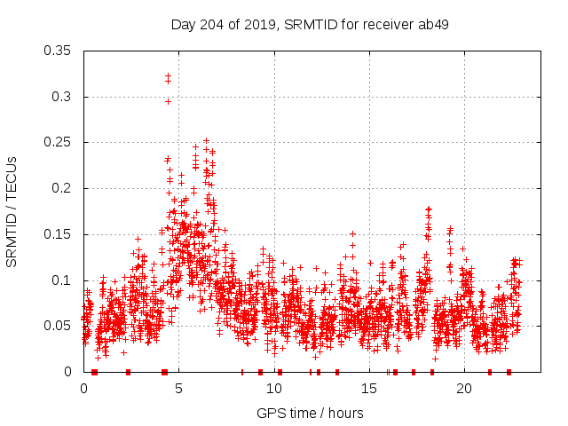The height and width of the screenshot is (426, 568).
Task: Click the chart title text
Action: pos(310,24)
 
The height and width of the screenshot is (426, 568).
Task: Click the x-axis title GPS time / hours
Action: pos(310,413)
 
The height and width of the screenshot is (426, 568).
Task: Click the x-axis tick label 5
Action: pos(179,389)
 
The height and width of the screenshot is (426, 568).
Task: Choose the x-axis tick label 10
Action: pos(274,389)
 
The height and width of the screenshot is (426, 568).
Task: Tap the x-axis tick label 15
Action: pos(369,389)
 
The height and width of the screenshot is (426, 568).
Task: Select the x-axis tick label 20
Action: pos(464,389)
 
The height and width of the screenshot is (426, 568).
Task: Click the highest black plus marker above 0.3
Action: pos(168,75)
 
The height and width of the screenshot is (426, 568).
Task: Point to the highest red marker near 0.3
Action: pos(168,101)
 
